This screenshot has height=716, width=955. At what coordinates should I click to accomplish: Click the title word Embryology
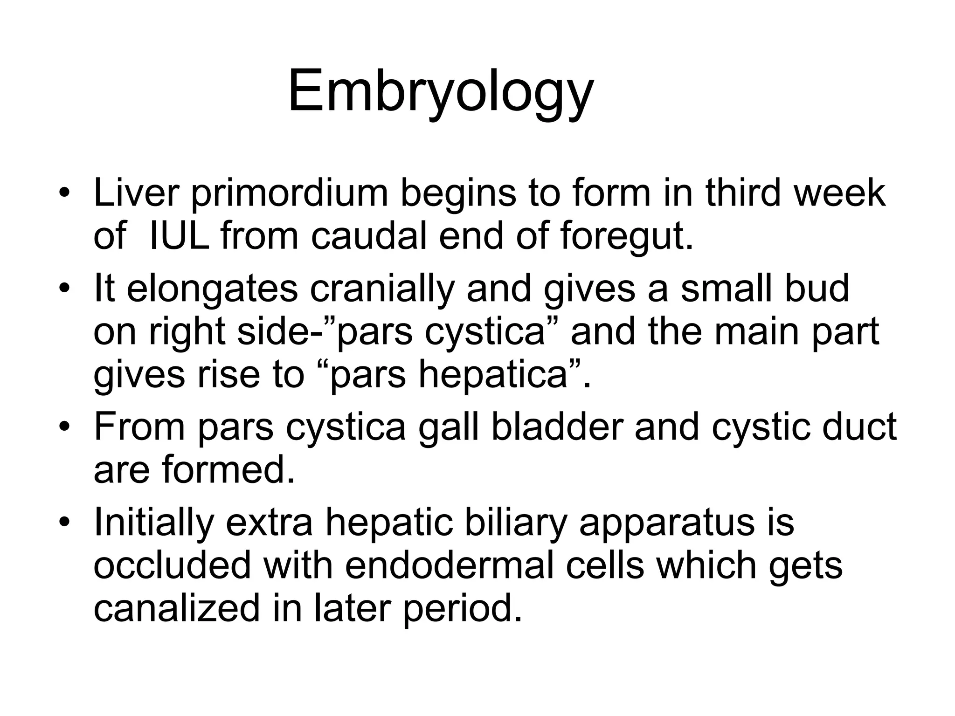click(441, 91)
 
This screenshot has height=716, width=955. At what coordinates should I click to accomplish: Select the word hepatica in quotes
click(494, 375)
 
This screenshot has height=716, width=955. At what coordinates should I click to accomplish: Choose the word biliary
click(515, 522)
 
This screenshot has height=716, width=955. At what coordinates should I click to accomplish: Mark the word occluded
click(172, 565)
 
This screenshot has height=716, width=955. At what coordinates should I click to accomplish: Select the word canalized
click(176, 608)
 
